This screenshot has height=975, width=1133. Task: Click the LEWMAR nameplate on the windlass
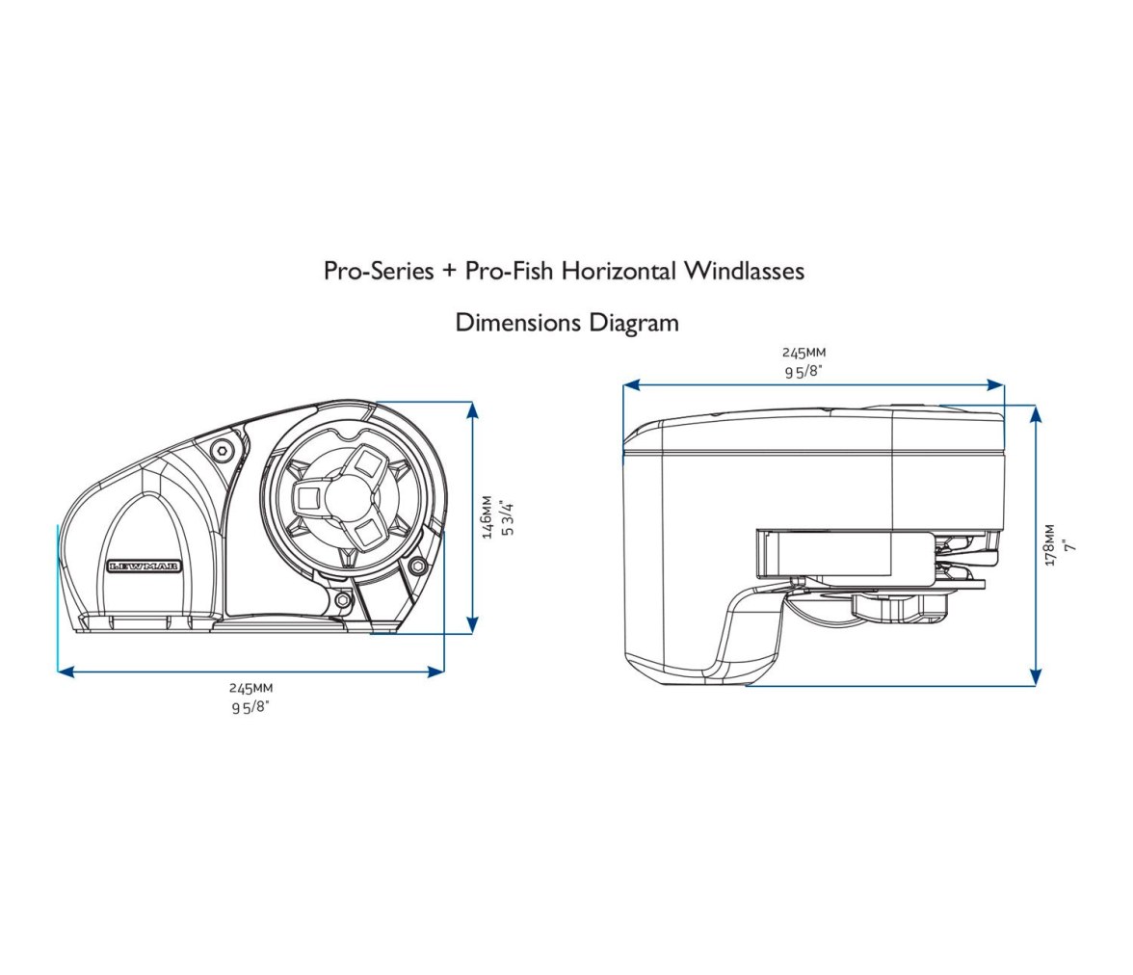tap(145, 567)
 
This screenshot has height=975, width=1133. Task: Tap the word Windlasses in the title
tap(744, 271)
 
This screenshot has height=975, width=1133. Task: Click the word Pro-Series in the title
tap(379, 271)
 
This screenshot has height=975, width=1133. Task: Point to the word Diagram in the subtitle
tap(634, 323)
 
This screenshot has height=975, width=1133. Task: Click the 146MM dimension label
tap(487, 516)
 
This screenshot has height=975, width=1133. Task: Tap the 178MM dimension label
tap(1050, 545)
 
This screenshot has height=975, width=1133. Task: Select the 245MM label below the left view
tap(250, 689)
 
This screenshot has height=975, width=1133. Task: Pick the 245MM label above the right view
tap(804, 353)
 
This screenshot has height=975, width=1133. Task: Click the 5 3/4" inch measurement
tap(508, 516)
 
